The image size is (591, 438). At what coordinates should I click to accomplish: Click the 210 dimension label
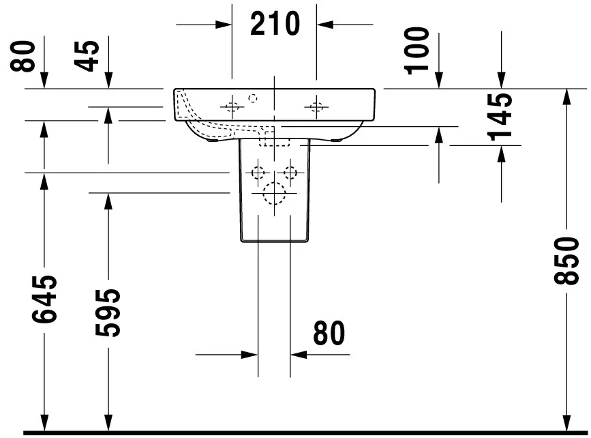pyautogui.click(x=275, y=23)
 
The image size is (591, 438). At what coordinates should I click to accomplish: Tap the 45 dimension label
pyautogui.click(x=87, y=56)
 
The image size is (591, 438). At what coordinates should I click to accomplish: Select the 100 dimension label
pyautogui.click(x=416, y=51)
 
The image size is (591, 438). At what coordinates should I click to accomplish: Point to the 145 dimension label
pyautogui.click(x=500, y=117)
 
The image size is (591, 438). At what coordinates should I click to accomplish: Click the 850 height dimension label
pyautogui.click(x=566, y=261)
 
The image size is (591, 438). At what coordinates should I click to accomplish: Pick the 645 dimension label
pyautogui.click(x=44, y=300)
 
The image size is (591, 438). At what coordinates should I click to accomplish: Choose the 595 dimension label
pyautogui.click(x=108, y=312)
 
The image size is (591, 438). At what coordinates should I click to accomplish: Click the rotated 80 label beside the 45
pyautogui.click(x=22, y=56)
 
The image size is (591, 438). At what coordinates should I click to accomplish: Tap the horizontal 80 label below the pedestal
pyautogui.click(x=329, y=333)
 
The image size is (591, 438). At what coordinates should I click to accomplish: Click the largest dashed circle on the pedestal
pyautogui.click(x=275, y=193)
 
